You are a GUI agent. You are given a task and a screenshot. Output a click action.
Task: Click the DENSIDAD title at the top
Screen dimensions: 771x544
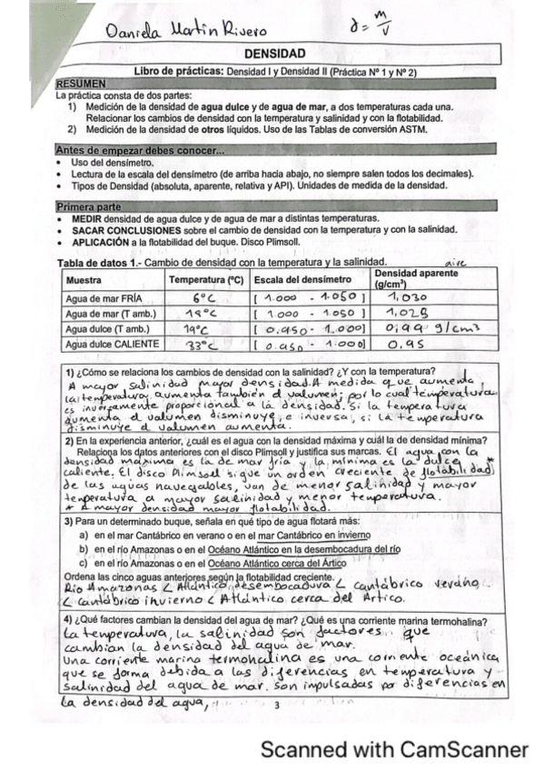coord(275,55)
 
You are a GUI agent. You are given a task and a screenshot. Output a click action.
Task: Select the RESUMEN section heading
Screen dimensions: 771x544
coord(81,83)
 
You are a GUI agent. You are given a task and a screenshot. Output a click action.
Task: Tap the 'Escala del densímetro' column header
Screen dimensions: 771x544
coord(302,279)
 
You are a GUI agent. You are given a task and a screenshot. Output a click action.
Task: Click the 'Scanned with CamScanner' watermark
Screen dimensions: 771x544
coord(394,750)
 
